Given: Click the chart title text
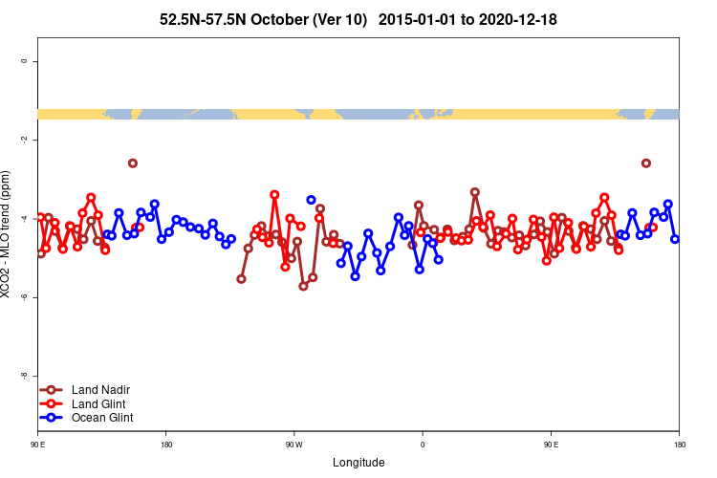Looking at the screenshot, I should coord(358,19).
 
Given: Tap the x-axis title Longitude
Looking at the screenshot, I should coord(358,463).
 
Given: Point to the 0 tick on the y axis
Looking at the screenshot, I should coord(23,61).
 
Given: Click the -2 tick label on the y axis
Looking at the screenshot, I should coord(23,140).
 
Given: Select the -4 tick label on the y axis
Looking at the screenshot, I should coord(23,219).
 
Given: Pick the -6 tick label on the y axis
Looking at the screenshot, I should coord(23,297).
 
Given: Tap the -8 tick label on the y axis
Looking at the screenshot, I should coord(23,376).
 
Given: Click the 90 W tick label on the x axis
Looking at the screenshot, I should coord(293,445).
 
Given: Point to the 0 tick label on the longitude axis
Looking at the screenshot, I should coord(422,445).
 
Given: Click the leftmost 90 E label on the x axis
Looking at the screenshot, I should coord(38,445).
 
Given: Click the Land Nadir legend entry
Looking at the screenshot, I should coord(100,390).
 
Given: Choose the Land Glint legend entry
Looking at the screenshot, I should coord(98,403).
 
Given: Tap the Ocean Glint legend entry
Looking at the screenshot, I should coord(101,417).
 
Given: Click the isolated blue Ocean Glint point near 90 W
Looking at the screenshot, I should coord(311,200).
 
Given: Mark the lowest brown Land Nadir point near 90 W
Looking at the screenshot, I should coord(303,286).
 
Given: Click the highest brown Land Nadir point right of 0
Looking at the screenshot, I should coord(475,192).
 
